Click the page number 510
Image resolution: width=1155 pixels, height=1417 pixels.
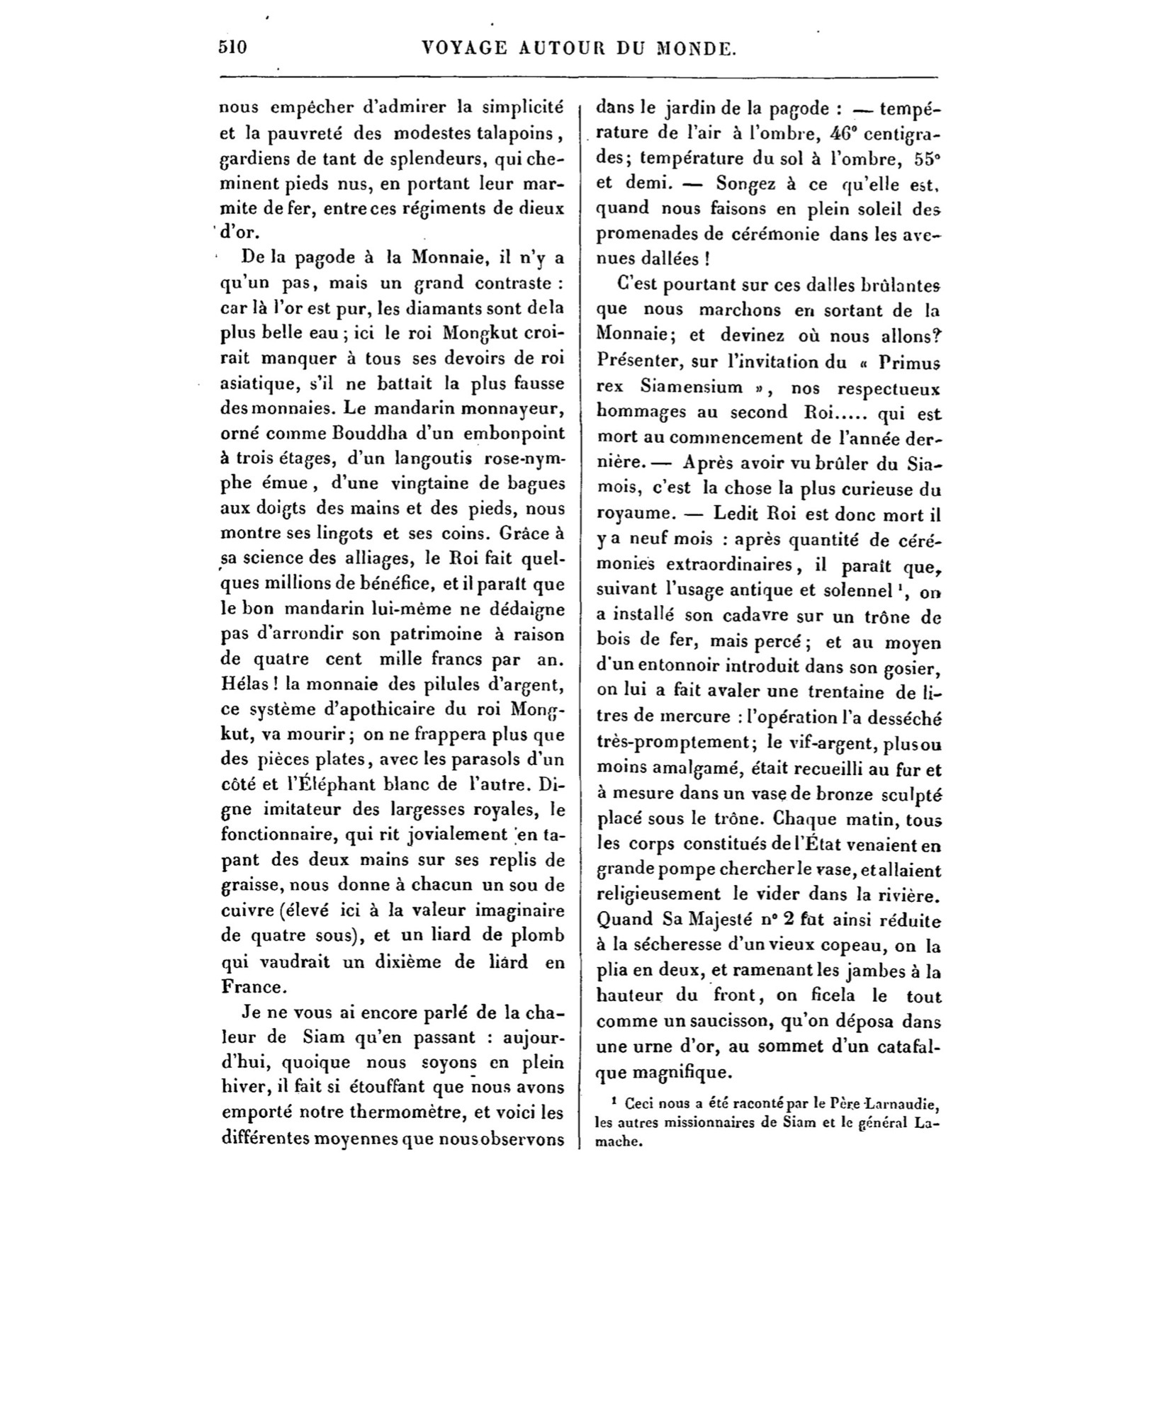pyautogui.click(x=232, y=48)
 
